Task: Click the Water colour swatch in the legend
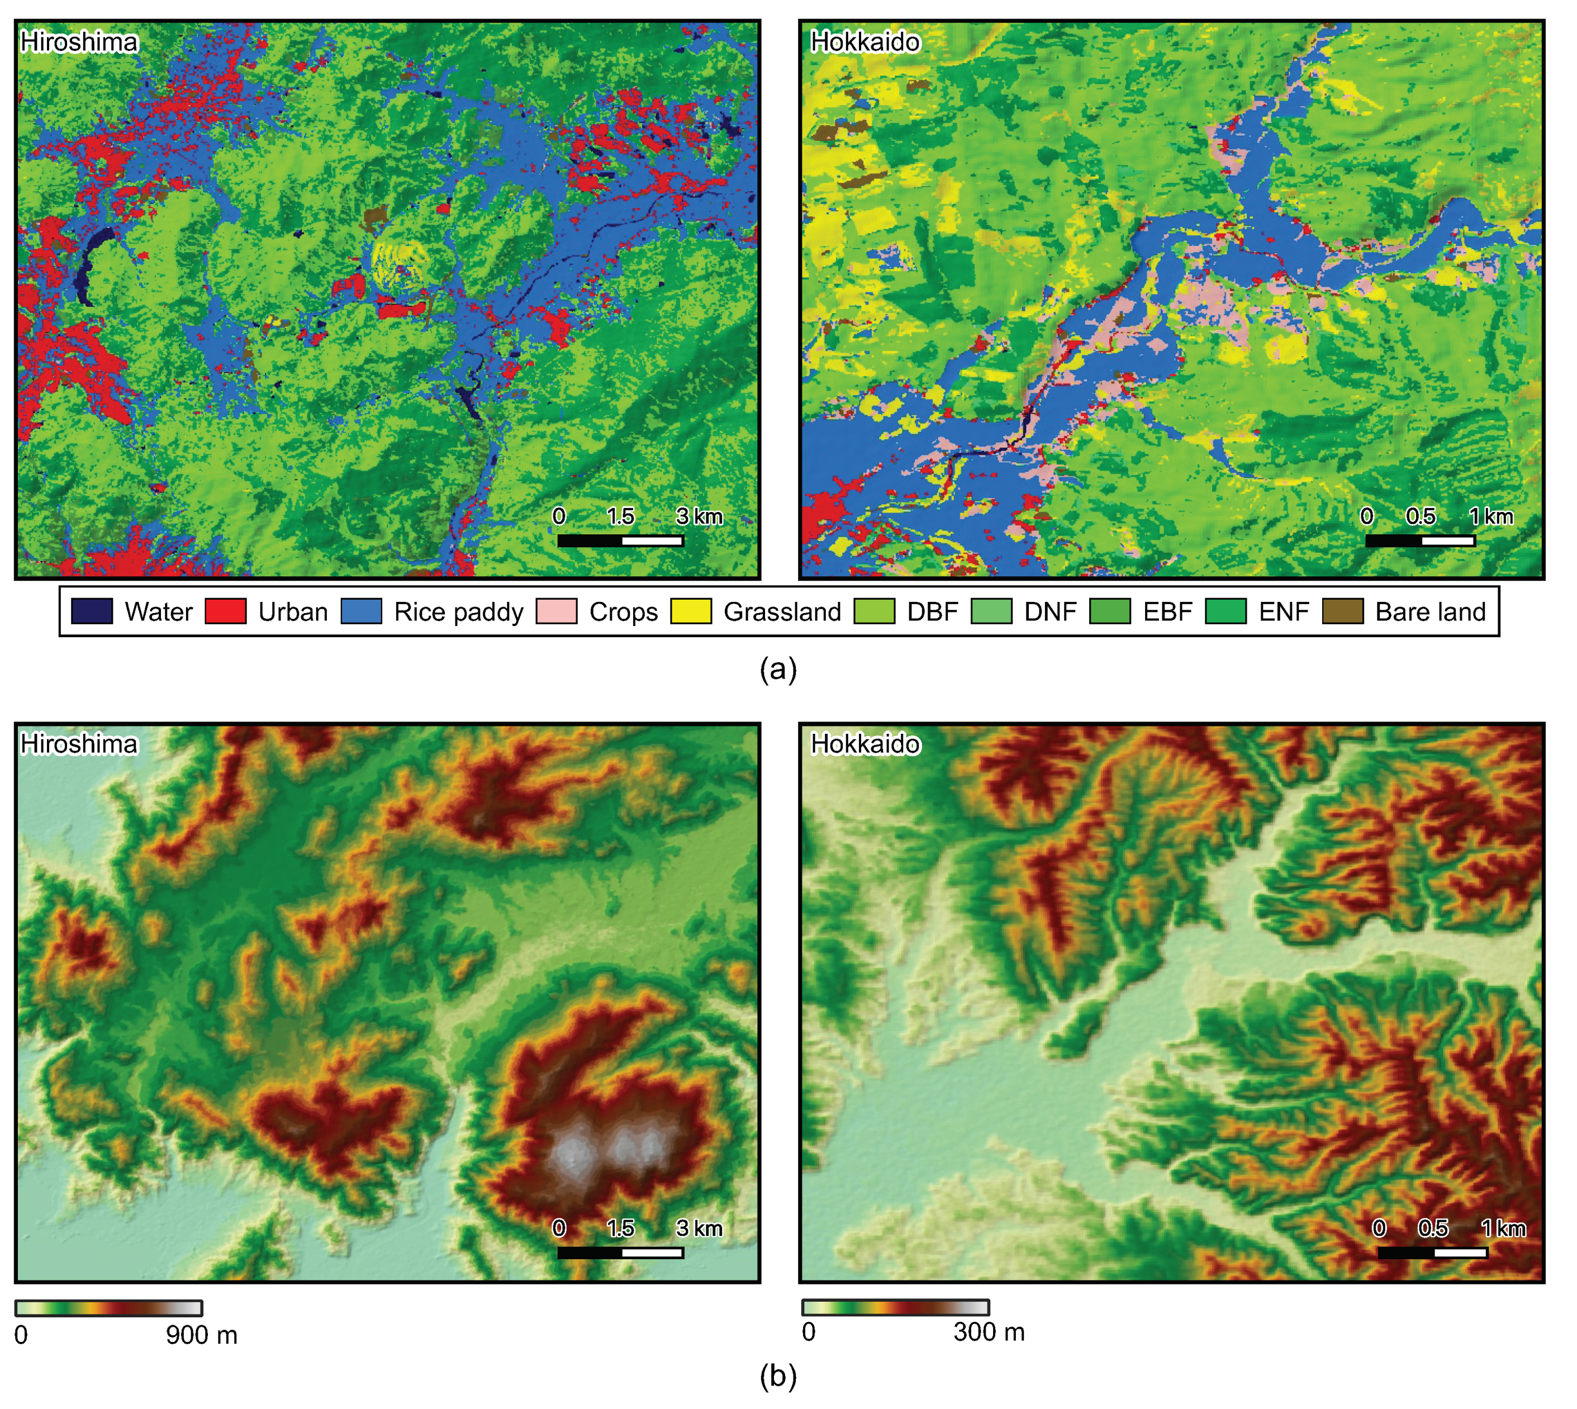click(91, 611)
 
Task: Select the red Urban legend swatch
click(225, 611)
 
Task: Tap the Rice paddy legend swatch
click(362, 611)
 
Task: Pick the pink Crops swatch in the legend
click(557, 611)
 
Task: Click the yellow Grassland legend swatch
click(691, 611)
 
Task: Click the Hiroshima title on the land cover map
click(79, 42)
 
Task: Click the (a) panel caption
click(778, 668)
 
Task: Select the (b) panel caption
click(778, 1375)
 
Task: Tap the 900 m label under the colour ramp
click(201, 1335)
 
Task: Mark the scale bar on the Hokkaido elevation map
click(1432, 1252)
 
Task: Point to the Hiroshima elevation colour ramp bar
click(109, 1308)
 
